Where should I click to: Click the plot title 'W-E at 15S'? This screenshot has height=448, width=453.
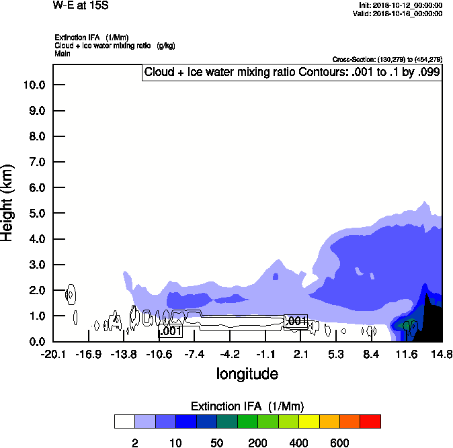click(x=80, y=6)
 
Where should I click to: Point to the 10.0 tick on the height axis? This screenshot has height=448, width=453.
click(x=34, y=85)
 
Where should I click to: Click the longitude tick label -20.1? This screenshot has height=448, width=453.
click(x=53, y=354)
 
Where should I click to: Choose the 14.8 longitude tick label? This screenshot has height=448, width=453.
click(x=442, y=354)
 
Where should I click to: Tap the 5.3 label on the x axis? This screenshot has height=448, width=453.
click(x=336, y=354)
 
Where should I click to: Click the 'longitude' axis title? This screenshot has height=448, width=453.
click(x=247, y=373)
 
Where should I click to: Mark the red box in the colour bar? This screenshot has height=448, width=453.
click(x=370, y=421)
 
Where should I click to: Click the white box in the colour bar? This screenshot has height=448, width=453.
click(x=124, y=421)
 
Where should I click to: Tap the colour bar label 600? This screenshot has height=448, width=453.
click(x=339, y=443)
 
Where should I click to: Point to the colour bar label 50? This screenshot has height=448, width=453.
click(x=217, y=443)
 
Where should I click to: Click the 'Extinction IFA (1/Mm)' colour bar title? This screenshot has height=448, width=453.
click(x=247, y=406)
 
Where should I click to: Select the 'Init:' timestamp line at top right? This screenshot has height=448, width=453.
click(x=401, y=5)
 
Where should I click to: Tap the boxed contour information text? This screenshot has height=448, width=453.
click(x=292, y=72)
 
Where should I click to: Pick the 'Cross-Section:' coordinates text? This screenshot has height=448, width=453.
click(x=387, y=59)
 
